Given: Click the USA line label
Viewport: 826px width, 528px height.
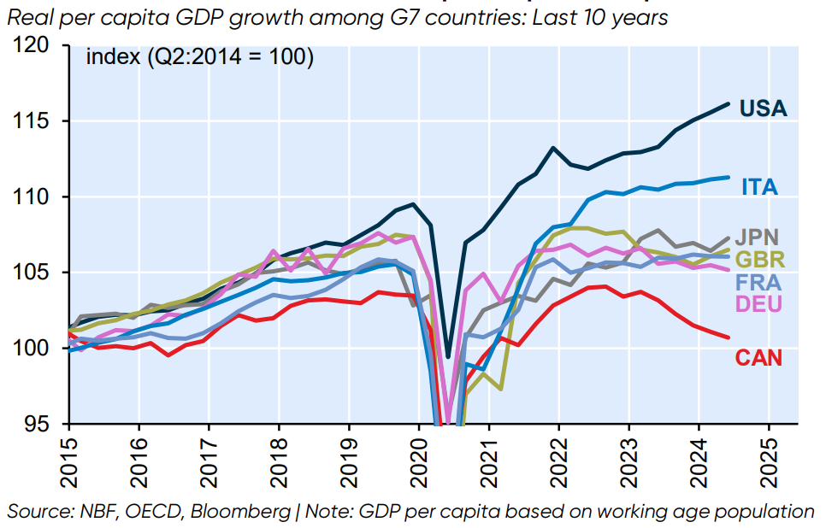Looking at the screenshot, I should tap(763, 109).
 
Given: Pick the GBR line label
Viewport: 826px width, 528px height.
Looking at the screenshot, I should tap(759, 259).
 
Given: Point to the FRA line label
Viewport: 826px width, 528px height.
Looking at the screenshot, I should tap(759, 281).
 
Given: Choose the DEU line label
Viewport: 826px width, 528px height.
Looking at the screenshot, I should tap(759, 303).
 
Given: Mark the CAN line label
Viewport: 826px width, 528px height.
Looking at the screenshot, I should tap(758, 357).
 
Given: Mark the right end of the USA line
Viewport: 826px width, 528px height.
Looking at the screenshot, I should tap(728, 103).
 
